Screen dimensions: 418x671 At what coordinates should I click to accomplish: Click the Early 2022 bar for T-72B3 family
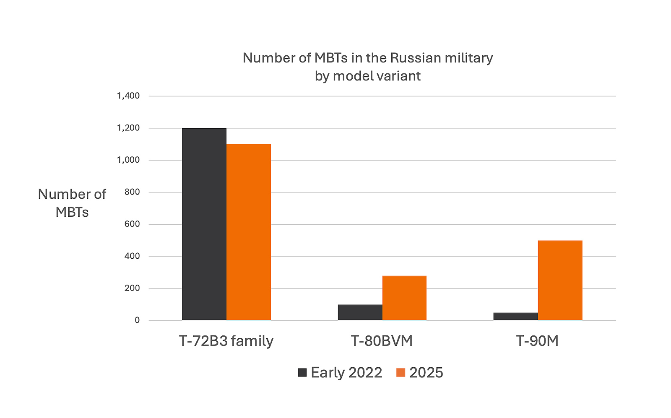204,224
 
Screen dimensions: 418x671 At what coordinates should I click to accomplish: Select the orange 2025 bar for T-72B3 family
248,232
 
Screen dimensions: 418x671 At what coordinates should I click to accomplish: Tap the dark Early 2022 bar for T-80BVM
360,312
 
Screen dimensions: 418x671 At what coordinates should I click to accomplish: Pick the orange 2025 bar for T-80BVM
404,298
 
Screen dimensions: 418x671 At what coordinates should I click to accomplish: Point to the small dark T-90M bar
515,317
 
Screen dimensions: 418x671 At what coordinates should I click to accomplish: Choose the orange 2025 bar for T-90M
560,280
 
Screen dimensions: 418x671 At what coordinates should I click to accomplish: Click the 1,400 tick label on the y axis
128,96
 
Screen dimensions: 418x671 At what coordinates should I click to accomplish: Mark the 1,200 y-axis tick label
128,128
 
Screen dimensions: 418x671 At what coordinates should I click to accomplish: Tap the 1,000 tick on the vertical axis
128,160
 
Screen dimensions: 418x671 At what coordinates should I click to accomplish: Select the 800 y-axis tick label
132,192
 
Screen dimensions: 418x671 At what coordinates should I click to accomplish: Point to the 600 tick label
132,224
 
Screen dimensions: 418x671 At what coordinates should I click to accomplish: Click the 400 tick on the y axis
132,256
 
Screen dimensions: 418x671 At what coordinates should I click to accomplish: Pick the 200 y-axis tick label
132,288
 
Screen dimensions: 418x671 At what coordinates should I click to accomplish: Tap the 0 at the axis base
137,320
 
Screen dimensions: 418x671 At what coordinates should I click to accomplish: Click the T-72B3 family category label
226,341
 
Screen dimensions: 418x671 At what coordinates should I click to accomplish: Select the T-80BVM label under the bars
382,341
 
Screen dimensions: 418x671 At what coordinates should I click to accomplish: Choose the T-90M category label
537,341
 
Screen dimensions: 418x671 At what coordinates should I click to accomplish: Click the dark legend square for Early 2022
302,372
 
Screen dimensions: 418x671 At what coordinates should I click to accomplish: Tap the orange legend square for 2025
401,372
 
